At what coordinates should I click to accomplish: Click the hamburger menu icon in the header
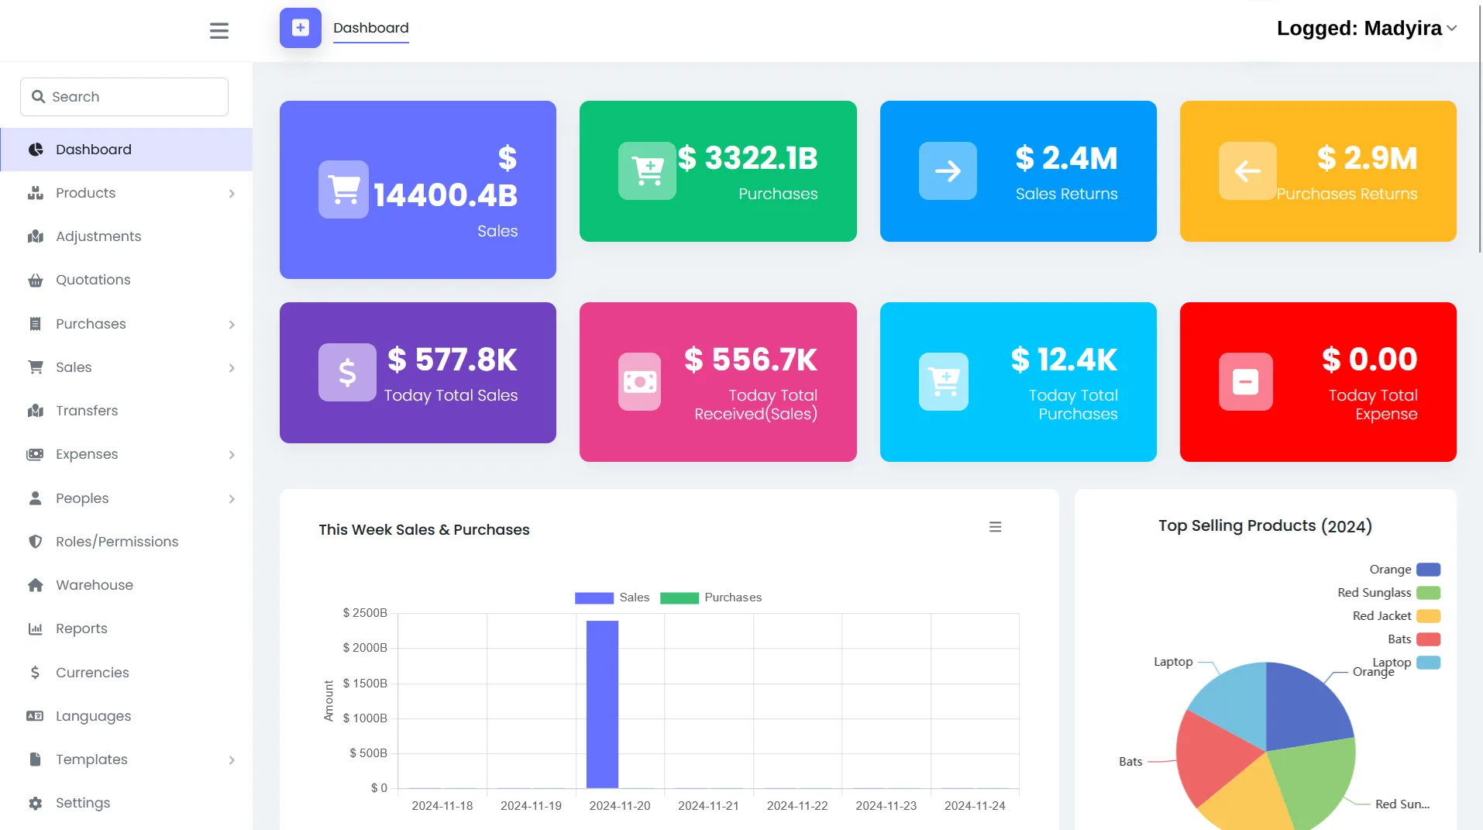pyautogui.click(x=219, y=30)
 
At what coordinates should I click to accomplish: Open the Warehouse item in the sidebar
pyautogui.click(x=94, y=585)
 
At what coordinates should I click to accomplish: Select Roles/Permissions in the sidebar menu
pyautogui.click(x=116, y=542)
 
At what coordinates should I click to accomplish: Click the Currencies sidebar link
pyautogui.click(x=92, y=673)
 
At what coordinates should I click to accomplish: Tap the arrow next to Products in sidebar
pyautogui.click(x=232, y=194)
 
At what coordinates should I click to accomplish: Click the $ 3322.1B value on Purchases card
pyautogui.click(x=748, y=158)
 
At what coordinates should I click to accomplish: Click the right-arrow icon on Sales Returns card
pyautogui.click(x=948, y=170)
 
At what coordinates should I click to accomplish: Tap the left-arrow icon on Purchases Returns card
pyautogui.click(x=1247, y=170)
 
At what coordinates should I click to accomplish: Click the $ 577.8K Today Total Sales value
pyautogui.click(x=452, y=360)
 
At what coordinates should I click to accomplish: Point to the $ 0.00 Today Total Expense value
pyautogui.click(x=1369, y=359)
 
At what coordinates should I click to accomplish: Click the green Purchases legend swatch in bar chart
pyautogui.click(x=679, y=598)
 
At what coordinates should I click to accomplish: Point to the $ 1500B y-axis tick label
pyautogui.click(x=364, y=684)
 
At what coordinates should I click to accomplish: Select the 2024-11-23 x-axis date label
pyautogui.click(x=886, y=806)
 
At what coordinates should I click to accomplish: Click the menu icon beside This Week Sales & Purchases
pyautogui.click(x=995, y=527)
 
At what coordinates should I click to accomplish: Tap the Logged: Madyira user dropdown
pyautogui.click(x=1366, y=29)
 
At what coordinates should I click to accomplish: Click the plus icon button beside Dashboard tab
pyautogui.click(x=301, y=28)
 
